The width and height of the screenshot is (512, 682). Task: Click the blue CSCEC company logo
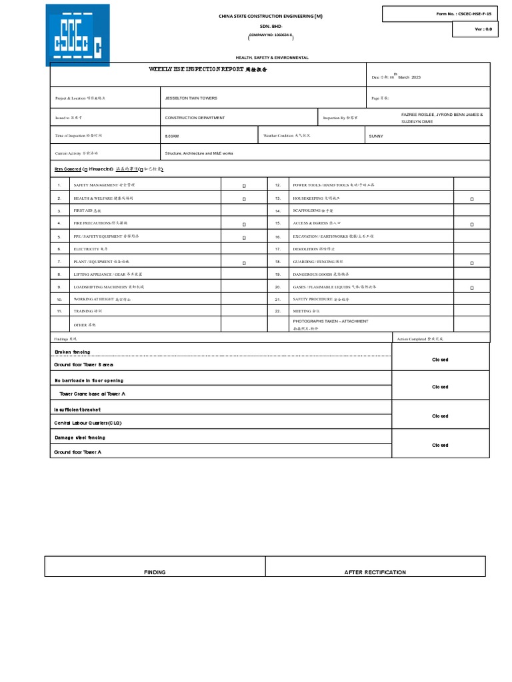(x=77, y=35)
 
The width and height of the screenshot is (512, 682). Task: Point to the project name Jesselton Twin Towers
(x=191, y=98)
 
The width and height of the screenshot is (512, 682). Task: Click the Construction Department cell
(x=195, y=118)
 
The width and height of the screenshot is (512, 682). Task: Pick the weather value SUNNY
(x=377, y=137)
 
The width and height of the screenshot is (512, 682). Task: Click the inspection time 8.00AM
(x=172, y=137)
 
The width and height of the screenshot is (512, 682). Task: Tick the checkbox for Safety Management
(x=244, y=186)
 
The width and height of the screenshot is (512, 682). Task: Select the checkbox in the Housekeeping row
(x=472, y=199)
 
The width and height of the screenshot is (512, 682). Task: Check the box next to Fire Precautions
(x=244, y=224)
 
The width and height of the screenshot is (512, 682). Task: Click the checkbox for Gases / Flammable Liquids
(x=472, y=288)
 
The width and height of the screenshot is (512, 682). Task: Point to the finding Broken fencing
(x=72, y=352)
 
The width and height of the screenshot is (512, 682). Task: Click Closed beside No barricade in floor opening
(x=440, y=387)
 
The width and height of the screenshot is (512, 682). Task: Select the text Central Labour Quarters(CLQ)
(x=88, y=423)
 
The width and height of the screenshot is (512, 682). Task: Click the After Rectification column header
(x=375, y=572)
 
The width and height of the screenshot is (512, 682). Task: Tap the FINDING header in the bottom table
(x=155, y=572)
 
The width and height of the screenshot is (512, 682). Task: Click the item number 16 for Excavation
(x=278, y=237)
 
